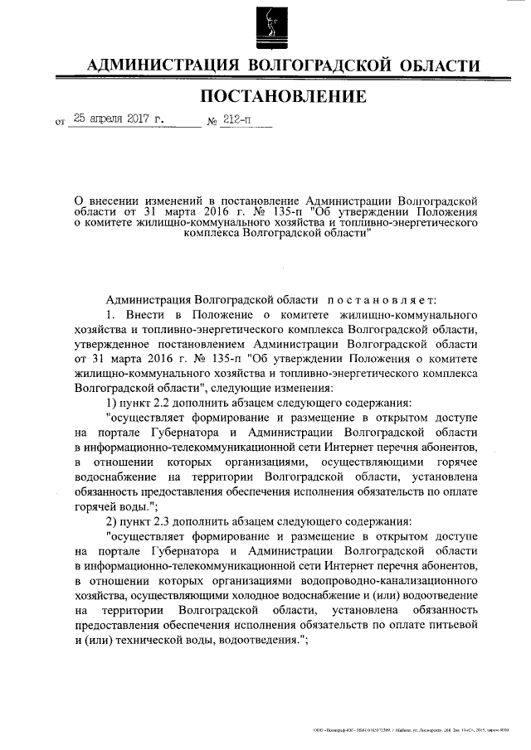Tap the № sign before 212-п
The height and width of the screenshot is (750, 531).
point(212,122)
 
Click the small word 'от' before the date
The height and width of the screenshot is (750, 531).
point(59,123)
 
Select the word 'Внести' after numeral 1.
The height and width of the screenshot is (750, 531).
point(145,316)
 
